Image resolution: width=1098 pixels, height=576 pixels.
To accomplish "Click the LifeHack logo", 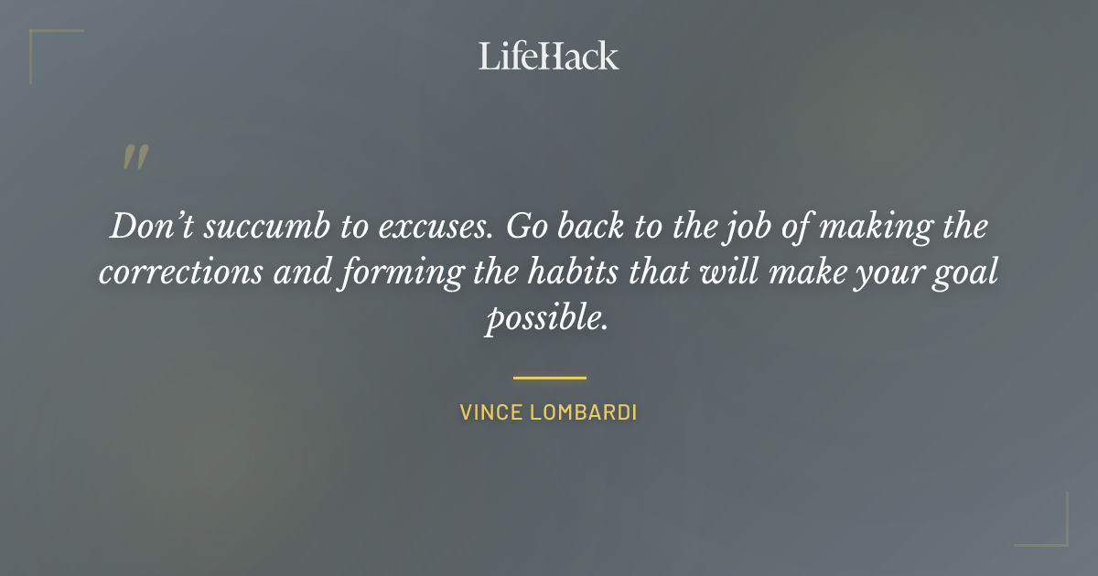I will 549,56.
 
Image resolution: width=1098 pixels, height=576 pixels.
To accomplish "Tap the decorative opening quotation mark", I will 135,157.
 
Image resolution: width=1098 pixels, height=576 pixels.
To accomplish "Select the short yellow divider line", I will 549,377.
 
